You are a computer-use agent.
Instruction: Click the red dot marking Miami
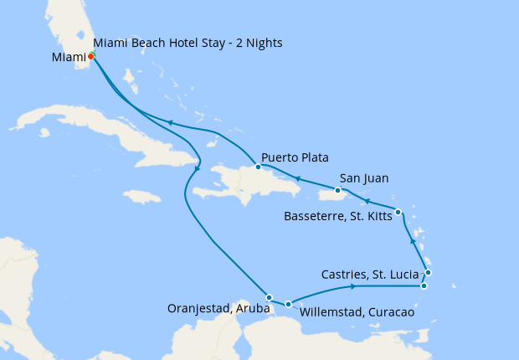click(x=90, y=56)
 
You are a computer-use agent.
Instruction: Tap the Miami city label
click(x=68, y=58)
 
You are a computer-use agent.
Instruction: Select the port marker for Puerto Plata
click(x=258, y=167)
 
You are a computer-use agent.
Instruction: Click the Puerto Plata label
click(x=294, y=157)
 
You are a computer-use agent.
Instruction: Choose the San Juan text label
click(x=364, y=178)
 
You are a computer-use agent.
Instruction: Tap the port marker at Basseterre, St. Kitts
click(x=398, y=212)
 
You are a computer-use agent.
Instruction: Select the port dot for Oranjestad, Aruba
click(x=269, y=297)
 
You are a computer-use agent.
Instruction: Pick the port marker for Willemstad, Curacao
click(x=288, y=305)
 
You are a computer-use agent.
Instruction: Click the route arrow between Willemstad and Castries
click(x=353, y=287)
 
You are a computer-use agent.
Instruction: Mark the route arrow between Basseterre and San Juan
click(x=366, y=202)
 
